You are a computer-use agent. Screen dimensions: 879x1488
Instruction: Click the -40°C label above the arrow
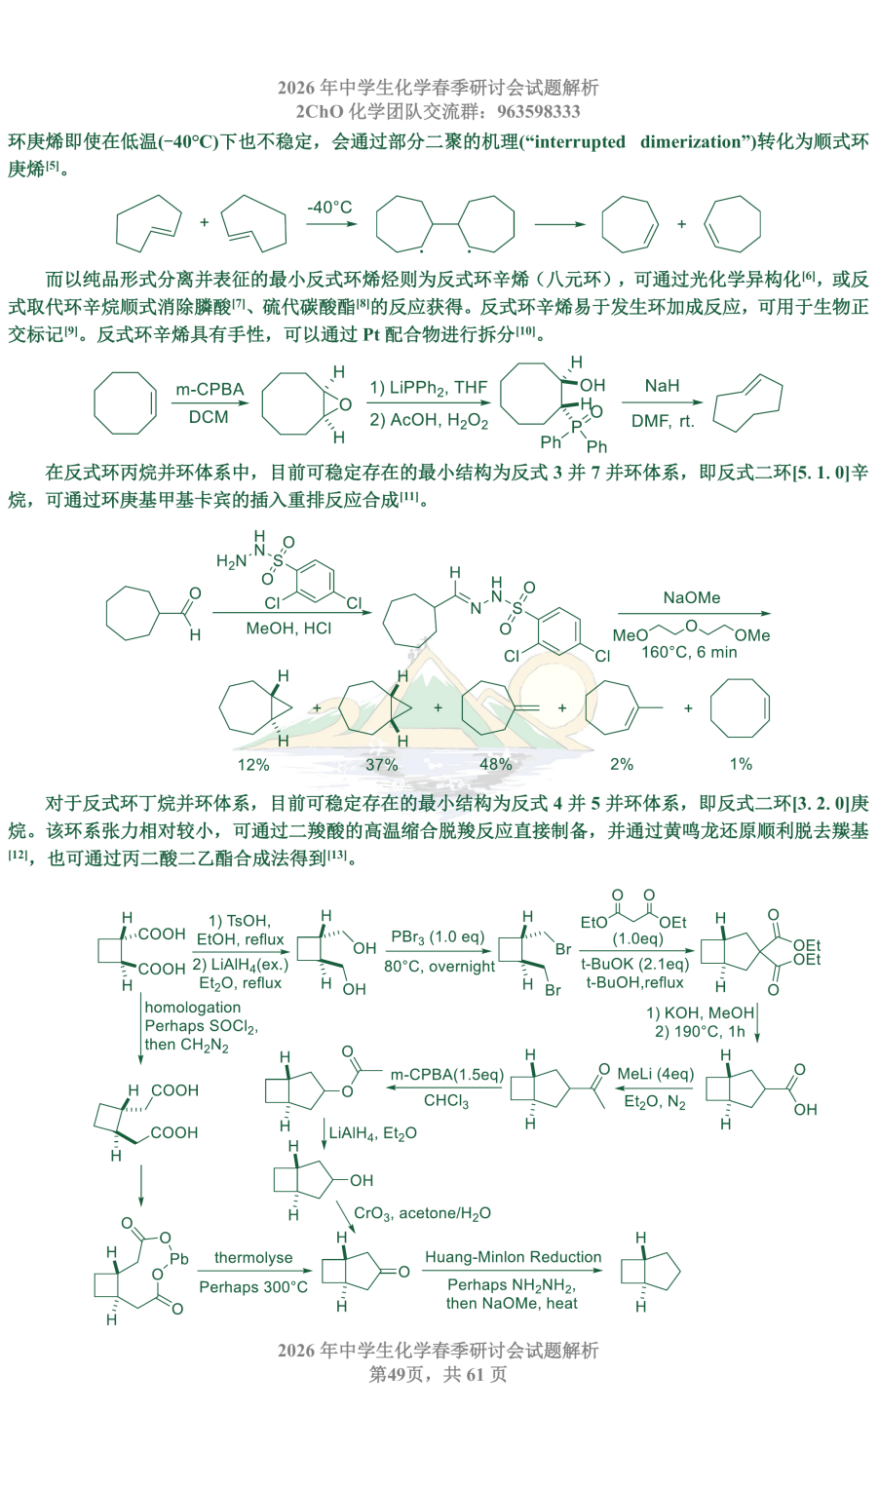pyautogui.click(x=328, y=208)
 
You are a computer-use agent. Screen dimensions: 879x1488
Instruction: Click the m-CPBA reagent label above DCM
pyautogui.click(x=210, y=389)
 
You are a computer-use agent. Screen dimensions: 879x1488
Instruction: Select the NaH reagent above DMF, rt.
pyautogui.click(x=662, y=385)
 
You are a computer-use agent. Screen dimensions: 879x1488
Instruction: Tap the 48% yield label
pyautogui.click(x=496, y=764)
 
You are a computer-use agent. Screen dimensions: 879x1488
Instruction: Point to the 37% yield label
pyautogui.click(x=382, y=764)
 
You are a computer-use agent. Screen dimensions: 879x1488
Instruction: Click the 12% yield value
pyautogui.click(x=253, y=764)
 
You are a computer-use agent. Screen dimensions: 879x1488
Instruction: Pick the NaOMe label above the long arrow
pyautogui.click(x=692, y=597)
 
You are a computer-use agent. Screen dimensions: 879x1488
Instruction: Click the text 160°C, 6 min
pyautogui.click(x=689, y=652)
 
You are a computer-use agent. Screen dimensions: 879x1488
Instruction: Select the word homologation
pyautogui.click(x=193, y=1007)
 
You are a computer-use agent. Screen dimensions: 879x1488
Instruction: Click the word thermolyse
pyautogui.click(x=253, y=1257)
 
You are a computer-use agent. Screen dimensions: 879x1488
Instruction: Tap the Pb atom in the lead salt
pyautogui.click(x=179, y=1259)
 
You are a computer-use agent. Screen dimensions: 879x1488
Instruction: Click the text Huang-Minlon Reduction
pyautogui.click(x=513, y=1257)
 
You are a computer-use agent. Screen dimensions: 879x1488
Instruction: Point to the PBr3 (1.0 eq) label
pyautogui.click(x=438, y=937)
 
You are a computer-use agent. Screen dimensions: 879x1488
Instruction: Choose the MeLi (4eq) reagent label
pyautogui.click(x=656, y=1074)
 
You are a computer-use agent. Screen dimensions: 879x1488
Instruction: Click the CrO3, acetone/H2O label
pyautogui.click(x=423, y=1213)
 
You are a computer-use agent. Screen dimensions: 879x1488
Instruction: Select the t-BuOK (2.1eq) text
pyautogui.click(x=635, y=964)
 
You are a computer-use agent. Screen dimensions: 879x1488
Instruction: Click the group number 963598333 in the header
pyautogui.click(x=539, y=111)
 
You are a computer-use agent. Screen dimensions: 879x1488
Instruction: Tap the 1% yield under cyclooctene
pyautogui.click(x=741, y=764)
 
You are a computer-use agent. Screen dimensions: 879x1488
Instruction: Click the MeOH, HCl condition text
pyautogui.click(x=288, y=629)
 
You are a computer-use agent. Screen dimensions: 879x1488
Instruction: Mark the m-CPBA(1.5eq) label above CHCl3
pyautogui.click(x=447, y=1074)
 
